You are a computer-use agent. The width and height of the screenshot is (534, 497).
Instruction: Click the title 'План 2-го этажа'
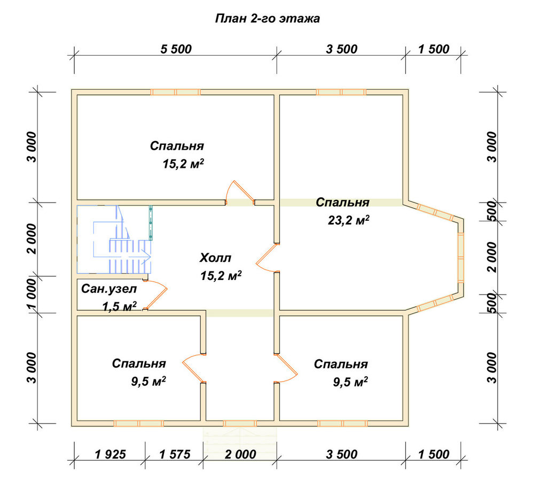pos(268,18)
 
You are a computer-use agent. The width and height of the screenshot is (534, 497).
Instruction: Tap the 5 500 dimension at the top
pos(176,49)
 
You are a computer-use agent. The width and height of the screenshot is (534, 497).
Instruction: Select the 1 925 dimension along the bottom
pos(111,454)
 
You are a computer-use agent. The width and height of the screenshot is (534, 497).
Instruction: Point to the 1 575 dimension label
pos(175,454)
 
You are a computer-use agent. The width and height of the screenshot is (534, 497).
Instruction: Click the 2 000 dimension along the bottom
pos(240,454)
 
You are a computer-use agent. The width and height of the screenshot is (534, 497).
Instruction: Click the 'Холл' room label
pos(215,258)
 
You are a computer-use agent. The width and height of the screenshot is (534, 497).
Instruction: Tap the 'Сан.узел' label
pos(109,289)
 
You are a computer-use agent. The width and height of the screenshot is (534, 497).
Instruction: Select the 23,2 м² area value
pos(348,220)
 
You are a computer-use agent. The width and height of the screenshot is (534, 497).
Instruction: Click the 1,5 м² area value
pos(120,306)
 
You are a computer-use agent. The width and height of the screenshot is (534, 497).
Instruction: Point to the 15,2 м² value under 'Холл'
pos(221,275)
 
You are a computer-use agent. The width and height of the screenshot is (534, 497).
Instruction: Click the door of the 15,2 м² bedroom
pos(240,192)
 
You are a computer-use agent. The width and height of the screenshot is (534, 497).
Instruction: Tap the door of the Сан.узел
pos(155,295)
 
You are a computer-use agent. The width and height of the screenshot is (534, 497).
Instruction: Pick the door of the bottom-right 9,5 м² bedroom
pos(286,369)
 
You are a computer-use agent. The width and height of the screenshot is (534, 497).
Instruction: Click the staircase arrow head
pos(147,255)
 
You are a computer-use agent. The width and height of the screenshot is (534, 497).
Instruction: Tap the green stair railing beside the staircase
pos(151,223)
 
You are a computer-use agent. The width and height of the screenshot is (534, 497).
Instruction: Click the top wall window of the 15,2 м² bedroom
pos(175,92)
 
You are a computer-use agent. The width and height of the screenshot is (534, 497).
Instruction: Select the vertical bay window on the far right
pos(460,258)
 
